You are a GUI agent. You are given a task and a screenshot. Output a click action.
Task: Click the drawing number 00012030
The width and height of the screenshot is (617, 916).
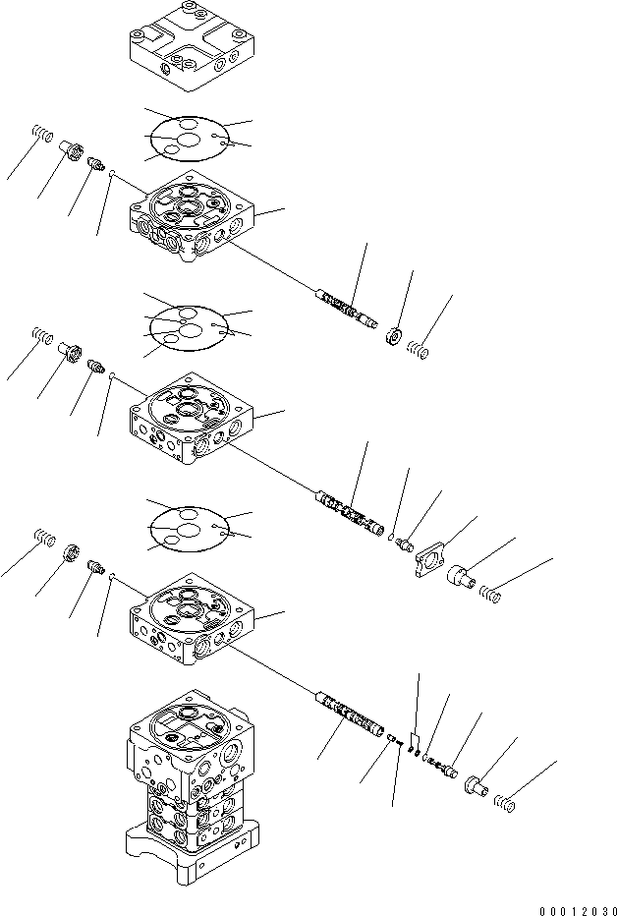[578, 910]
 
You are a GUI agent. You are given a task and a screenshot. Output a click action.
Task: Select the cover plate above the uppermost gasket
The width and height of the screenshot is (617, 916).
[192, 46]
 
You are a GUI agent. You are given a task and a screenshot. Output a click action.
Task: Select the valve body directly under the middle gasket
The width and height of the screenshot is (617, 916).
[192, 419]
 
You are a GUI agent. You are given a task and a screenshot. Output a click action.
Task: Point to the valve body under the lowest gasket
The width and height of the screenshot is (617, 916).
[192, 618]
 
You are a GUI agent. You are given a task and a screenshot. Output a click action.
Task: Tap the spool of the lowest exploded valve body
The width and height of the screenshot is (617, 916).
[349, 712]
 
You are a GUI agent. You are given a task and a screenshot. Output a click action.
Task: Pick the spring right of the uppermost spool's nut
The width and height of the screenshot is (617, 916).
[418, 349]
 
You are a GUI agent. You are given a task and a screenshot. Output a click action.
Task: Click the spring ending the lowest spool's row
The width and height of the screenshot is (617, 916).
[505, 803]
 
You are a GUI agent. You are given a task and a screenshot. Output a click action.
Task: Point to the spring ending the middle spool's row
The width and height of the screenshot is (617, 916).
[490, 595]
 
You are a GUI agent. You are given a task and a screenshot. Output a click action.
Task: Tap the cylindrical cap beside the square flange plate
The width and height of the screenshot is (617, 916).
[461, 575]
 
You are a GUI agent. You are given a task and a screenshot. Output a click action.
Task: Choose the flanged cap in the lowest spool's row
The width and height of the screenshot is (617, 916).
[477, 784]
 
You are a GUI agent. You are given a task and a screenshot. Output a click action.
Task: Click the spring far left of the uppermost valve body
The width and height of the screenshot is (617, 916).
[43, 135]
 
